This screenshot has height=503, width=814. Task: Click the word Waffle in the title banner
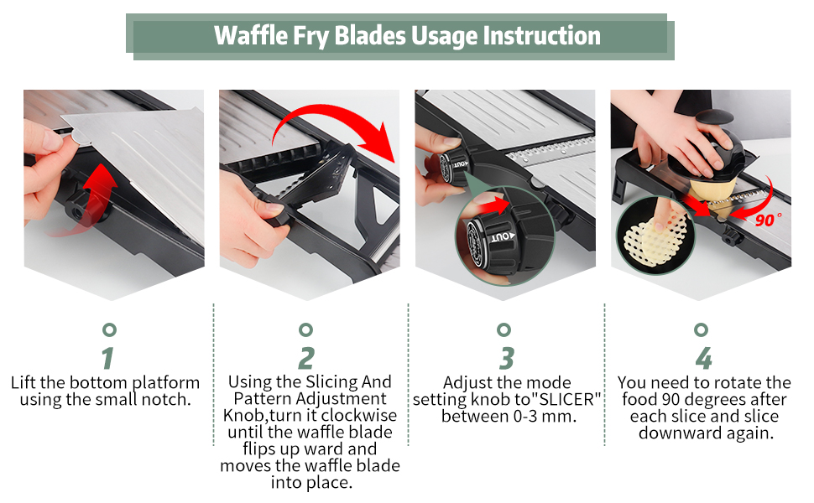pos(251,35)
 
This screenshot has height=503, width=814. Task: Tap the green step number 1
pos(108,358)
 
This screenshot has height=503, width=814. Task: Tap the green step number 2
pos(306,358)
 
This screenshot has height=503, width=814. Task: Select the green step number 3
pos(506,358)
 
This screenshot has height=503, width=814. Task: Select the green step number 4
pos(703,358)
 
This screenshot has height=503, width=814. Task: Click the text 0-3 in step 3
pos(521,416)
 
